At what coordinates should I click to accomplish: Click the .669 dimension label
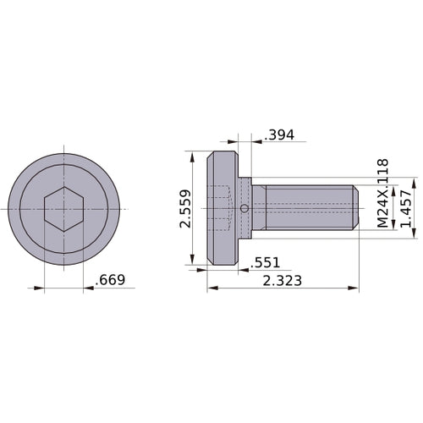[x=113, y=278]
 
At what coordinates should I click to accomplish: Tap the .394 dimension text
[x=279, y=135]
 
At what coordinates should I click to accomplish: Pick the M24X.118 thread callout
[x=382, y=194]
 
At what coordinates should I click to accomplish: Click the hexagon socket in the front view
[x=63, y=209]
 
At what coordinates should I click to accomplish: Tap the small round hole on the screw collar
[x=244, y=209]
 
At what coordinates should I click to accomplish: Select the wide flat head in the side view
[x=222, y=209]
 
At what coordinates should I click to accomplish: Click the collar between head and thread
[x=245, y=195]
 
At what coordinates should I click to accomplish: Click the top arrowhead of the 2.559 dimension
[x=194, y=156]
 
